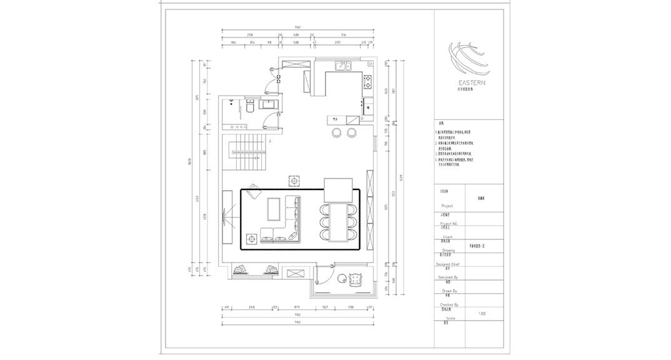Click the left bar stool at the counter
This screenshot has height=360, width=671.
(x=337, y=132)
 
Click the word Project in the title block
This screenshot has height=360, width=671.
(x=447, y=206)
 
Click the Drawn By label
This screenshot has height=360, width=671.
(x=450, y=291)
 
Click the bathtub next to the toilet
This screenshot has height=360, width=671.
(x=267, y=105)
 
